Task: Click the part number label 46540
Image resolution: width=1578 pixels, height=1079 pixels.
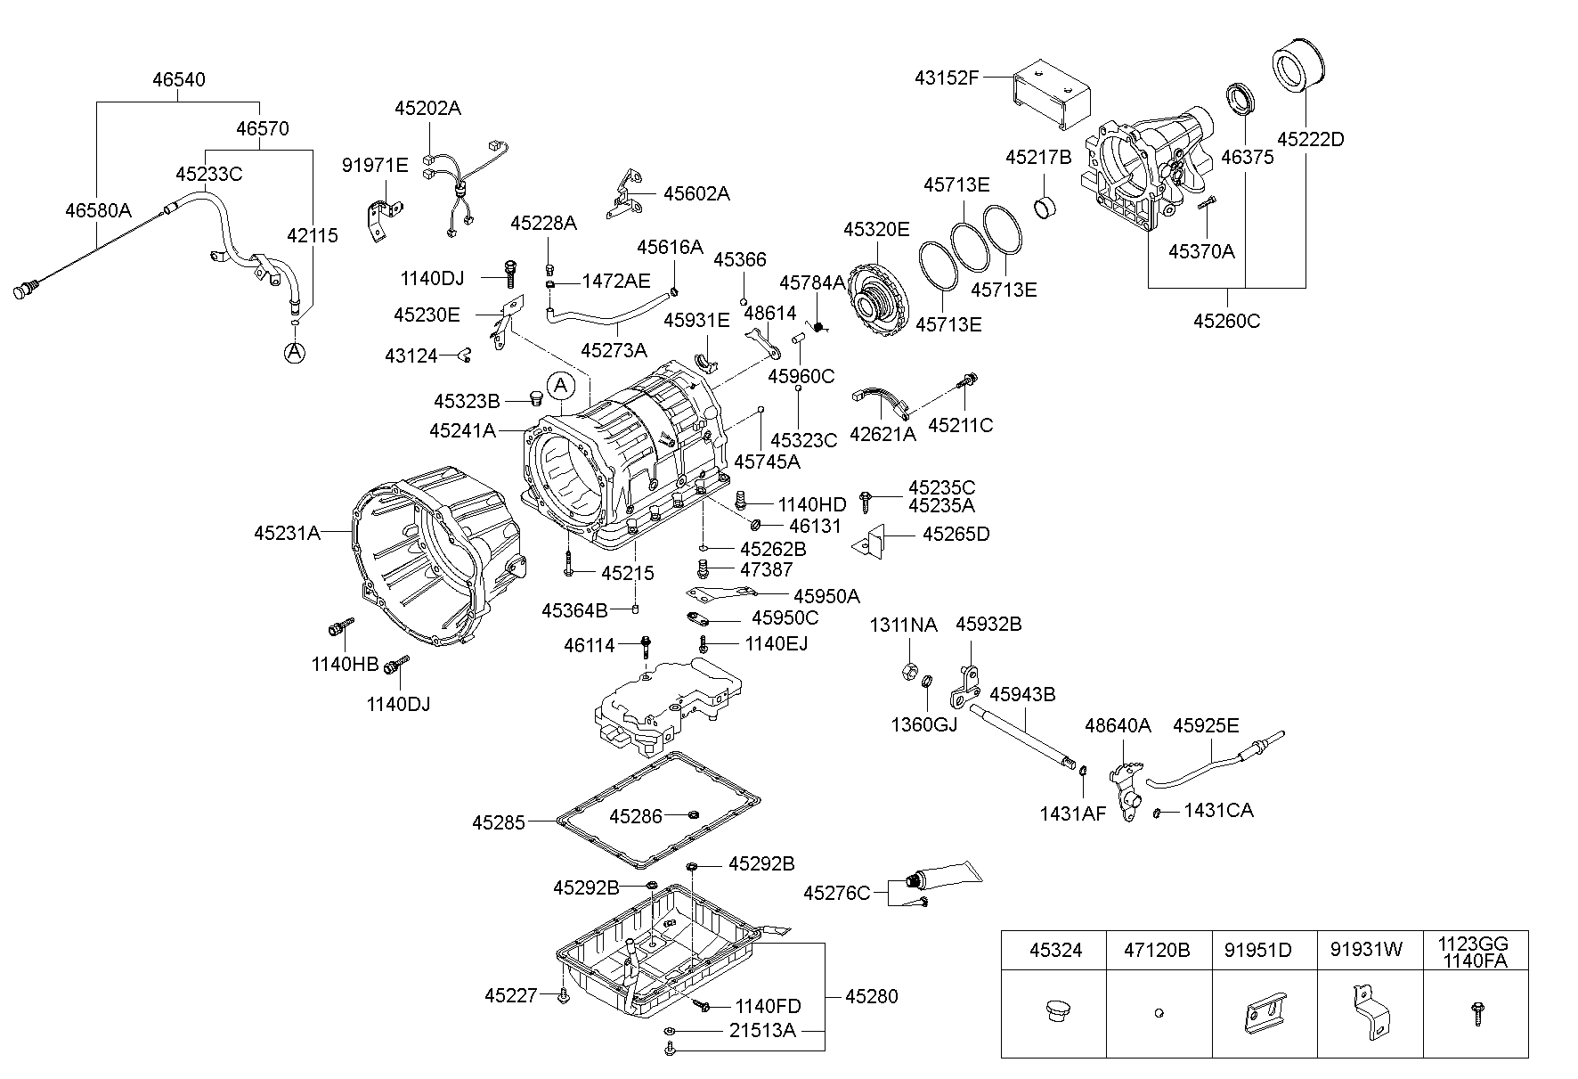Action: tap(178, 79)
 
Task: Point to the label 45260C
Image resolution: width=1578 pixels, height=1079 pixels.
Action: tap(1226, 321)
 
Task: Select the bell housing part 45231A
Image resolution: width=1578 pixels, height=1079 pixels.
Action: tap(427, 561)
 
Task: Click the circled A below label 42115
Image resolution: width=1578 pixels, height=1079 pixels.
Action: tap(294, 353)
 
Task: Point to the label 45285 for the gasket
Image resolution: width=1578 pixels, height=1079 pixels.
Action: tap(499, 822)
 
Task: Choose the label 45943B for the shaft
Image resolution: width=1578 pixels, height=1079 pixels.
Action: tap(1022, 694)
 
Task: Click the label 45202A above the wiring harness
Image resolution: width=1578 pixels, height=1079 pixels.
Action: tap(427, 109)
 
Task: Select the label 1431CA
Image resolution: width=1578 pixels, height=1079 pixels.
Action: tap(1218, 811)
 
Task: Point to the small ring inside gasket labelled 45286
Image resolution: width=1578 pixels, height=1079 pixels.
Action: tap(694, 813)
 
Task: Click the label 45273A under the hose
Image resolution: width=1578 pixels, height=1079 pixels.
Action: tap(614, 350)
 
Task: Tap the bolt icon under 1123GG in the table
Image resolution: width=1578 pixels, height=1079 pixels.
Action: tap(1476, 1013)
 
